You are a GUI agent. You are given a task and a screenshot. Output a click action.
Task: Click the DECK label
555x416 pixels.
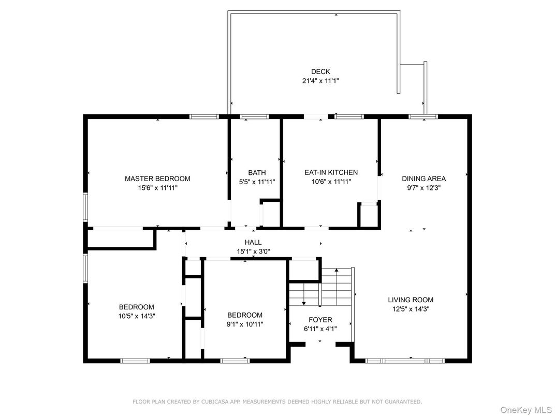pos(320,71)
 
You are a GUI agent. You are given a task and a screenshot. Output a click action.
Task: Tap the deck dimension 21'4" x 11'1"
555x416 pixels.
pos(320,81)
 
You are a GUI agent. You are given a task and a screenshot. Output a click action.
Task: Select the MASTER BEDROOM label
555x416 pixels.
pos(157,179)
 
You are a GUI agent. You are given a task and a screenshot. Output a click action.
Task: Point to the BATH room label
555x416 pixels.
pos(257,173)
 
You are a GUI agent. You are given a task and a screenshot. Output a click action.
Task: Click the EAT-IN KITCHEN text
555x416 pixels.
pos(330,173)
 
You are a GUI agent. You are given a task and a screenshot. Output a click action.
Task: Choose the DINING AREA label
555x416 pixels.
pos(423,179)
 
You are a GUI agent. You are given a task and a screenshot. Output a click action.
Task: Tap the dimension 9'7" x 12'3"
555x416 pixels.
pos(423,188)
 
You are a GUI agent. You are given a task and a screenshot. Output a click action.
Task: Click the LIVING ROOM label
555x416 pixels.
pos(411,300)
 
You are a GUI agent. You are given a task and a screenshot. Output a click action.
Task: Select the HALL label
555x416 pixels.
pos(253,242)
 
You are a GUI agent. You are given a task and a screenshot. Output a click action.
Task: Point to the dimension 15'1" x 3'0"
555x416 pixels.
pos(253,251)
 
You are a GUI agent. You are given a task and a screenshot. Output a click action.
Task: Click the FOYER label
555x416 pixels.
pos(320,320)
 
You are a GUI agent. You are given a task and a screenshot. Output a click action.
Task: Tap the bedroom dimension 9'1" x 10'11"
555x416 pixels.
pos(245,324)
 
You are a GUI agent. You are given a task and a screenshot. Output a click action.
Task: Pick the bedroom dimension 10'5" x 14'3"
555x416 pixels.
pos(137,316)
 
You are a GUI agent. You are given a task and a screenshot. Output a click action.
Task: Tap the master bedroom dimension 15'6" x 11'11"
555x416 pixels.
pos(157,188)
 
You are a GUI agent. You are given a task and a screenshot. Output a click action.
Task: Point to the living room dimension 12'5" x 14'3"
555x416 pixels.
pos(411,309)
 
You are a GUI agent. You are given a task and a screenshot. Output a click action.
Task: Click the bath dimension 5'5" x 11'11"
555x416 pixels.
pos(257,182)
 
